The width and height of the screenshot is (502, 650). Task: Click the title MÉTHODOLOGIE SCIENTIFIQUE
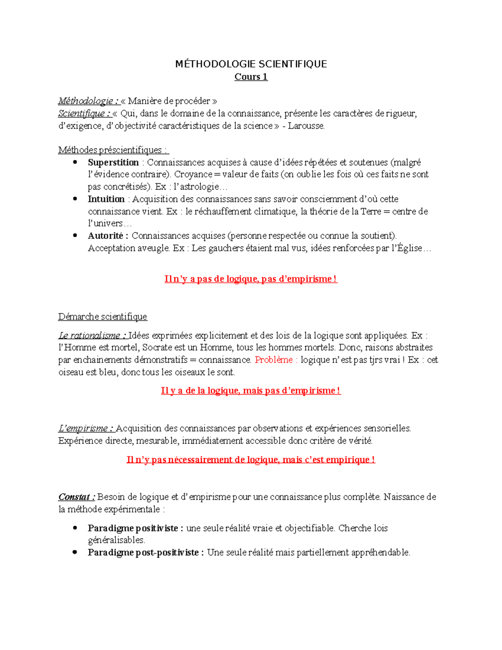251,64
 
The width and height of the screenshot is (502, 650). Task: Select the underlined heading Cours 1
251,77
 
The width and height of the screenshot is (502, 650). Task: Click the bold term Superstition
113,162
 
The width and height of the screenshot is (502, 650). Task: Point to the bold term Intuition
106,199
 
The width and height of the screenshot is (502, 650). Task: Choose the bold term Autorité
106,236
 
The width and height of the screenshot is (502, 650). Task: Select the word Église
410,248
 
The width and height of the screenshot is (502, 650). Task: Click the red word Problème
274,360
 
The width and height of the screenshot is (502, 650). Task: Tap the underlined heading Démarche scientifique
102,317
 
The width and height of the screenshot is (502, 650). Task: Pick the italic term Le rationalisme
90,336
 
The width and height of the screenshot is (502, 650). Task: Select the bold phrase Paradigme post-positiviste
143,552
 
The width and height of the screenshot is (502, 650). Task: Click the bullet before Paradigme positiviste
75,528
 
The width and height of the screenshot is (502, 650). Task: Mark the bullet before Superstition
75,162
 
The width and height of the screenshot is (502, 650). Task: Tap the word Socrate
157,347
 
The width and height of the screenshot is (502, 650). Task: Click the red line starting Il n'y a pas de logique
251,279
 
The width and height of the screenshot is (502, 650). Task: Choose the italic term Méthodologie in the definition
85,101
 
